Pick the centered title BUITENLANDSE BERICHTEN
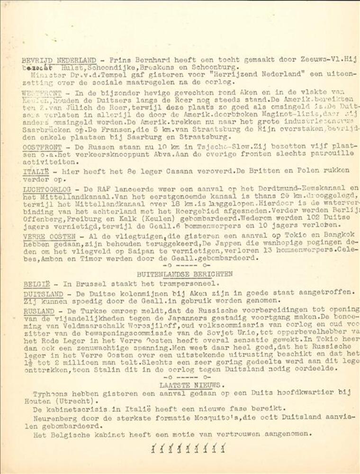tap(185, 274)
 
